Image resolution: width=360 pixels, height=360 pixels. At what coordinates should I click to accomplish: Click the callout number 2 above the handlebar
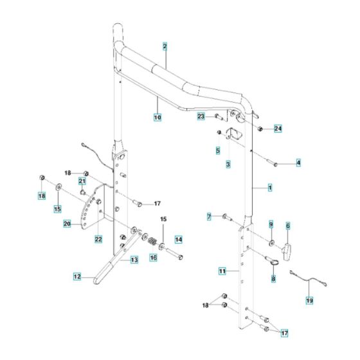[x=165, y=47]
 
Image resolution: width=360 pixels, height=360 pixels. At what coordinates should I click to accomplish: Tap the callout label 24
[x=278, y=128]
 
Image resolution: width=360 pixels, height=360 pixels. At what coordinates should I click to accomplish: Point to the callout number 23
[x=201, y=116]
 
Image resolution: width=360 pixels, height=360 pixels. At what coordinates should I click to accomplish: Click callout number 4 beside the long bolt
[x=298, y=163]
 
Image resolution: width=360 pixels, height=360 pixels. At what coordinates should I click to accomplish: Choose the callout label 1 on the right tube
[x=270, y=187]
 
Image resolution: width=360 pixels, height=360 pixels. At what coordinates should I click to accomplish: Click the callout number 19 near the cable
[x=309, y=300]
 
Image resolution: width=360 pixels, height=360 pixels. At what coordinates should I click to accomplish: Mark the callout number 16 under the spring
[x=153, y=257]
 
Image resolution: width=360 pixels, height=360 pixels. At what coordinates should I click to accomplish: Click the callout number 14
[x=179, y=239]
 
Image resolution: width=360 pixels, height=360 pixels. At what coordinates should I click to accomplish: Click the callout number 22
[x=98, y=239]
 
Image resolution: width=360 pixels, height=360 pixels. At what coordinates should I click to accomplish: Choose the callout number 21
[x=82, y=182]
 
